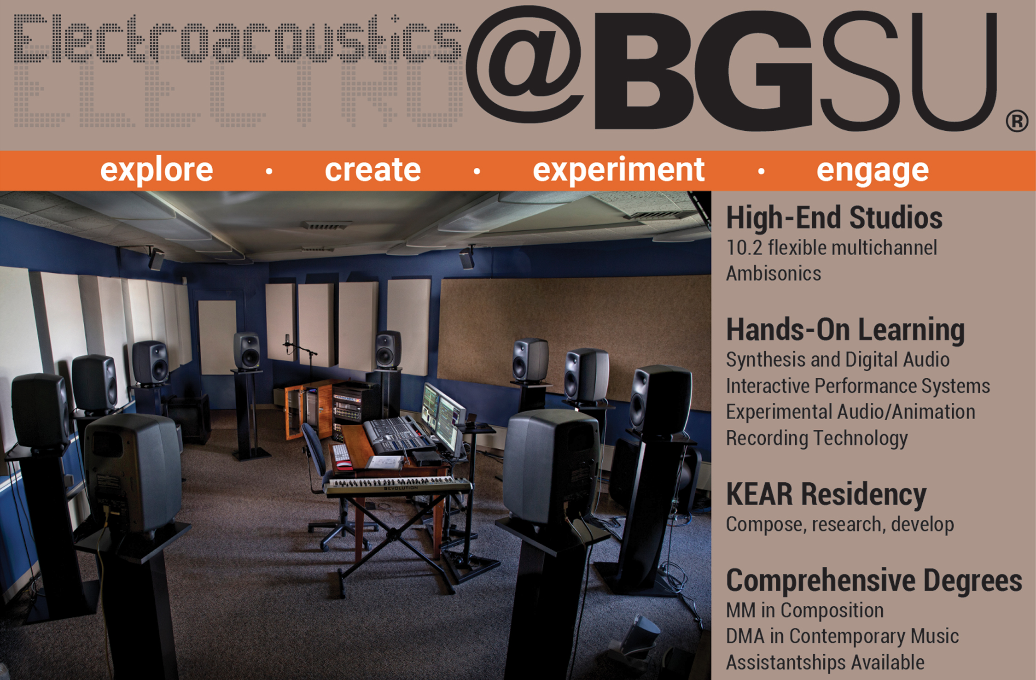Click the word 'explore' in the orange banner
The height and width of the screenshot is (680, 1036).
point(157,171)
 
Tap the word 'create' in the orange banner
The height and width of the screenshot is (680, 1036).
point(372,170)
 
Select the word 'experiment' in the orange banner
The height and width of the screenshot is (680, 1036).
point(618,170)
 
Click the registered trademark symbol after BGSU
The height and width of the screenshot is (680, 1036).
point(1017,121)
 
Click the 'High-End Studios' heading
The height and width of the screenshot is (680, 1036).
point(834,217)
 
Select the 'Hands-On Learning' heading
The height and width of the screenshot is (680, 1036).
point(845,330)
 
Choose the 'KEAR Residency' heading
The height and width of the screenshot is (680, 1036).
point(826,494)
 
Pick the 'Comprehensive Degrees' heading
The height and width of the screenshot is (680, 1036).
point(874,580)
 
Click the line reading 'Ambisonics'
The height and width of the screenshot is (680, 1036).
point(774,274)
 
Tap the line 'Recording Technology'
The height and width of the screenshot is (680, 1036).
point(817,438)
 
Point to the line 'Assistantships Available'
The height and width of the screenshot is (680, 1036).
point(825,662)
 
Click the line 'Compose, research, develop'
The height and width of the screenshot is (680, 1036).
point(840,524)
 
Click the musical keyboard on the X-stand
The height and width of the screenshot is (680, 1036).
point(398,486)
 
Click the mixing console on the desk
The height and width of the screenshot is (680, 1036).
point(399,434)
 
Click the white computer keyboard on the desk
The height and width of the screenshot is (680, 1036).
point(341,454)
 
